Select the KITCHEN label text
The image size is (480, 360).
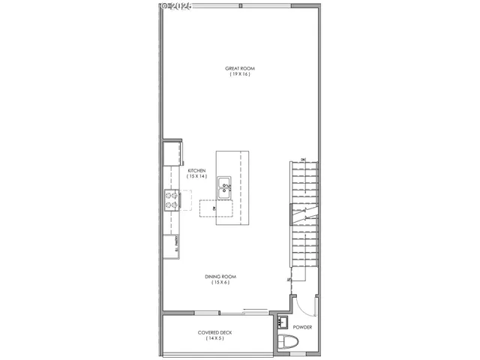[196, 170]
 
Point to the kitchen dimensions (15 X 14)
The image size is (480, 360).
[196, 176]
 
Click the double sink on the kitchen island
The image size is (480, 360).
[224, 188]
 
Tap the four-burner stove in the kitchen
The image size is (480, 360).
[172, 199]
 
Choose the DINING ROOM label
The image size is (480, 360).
[220, 277]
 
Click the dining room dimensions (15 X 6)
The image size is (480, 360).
[220, 283]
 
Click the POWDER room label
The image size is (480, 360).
[303, 327]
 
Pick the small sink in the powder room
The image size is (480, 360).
[283, 322]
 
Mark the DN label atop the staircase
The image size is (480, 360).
[303, 159]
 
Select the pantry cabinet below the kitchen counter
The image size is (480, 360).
[172, 244]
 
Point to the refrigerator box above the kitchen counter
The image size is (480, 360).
[172, 153]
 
